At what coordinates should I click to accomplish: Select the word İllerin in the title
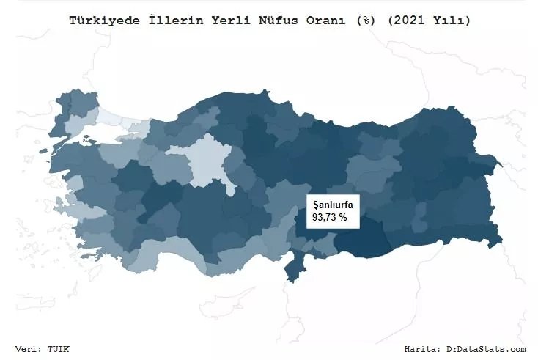pos(165,21)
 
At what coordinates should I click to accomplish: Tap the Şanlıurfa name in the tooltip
pos(333,205)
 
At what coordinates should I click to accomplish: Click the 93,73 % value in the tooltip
pos(330,218)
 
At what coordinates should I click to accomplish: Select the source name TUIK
pos(60,349)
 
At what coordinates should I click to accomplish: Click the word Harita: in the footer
pos(423,349)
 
